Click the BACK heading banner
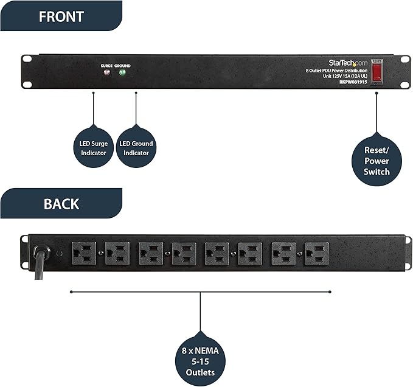tap(61, 203)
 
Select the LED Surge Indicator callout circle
tap(94, 148)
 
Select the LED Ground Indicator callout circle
tap(136, 148)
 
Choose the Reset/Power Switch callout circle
tap(377, 161)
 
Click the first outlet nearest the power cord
tap(84, 253)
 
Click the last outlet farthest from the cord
tap(317, 253)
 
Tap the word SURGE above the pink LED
tap(106, 65)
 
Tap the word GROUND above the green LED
tap(122, 65)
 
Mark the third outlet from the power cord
tap(150, 253)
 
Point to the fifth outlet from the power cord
tap(217, 253)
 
